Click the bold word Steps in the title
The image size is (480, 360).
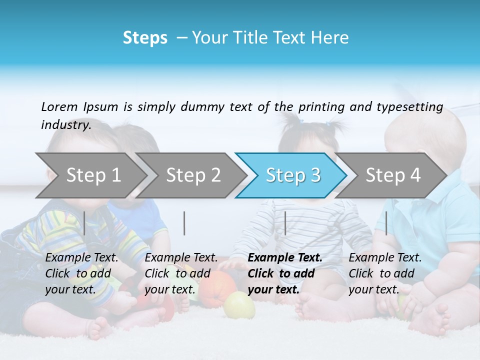(x=145, y=38)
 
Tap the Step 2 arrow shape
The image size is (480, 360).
(x=190, y=175)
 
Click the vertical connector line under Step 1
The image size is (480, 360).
(x=84, y=223)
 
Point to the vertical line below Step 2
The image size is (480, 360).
(x=184, y=223)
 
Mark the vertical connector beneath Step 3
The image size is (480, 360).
(x=285, y=223)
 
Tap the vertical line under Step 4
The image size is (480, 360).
(x=386, y=223)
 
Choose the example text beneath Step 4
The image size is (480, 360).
(x=385, y=273)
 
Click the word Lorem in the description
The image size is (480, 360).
(x=59, y=106)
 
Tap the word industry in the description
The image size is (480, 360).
(x=65, y=124)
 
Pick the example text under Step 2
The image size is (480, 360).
(x=181, y=273)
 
